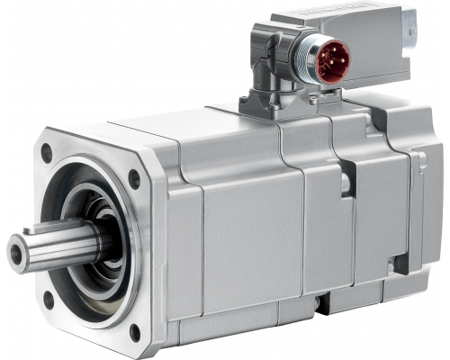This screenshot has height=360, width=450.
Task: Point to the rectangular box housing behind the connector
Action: [x=360, y=36]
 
